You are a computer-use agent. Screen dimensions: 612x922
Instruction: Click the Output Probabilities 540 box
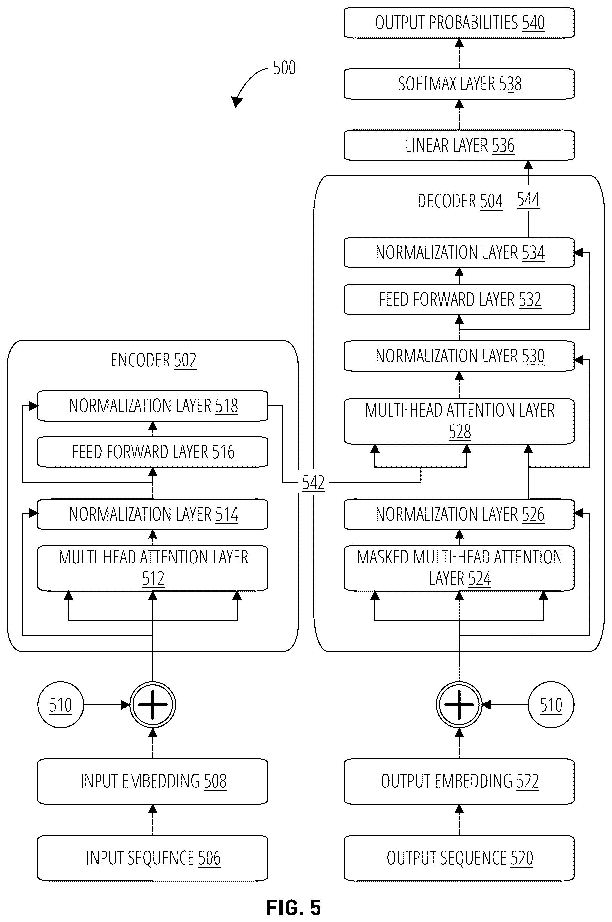click(459, 23)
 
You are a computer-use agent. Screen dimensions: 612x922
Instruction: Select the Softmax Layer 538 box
click(459, 84)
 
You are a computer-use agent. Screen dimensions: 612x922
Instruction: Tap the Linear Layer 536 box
click(459, 145)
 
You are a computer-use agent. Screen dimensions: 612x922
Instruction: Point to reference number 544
click(528, 199)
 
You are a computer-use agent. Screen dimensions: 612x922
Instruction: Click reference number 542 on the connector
click(313, 483)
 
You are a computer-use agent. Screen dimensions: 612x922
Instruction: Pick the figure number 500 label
click(284, 68)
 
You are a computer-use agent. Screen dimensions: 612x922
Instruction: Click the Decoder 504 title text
click(460, 201)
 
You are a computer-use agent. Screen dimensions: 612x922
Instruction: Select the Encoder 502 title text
click(153, 360)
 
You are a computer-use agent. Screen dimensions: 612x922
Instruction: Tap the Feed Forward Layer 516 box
click(153, 452)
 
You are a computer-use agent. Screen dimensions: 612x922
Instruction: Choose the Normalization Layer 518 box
click(153, 406)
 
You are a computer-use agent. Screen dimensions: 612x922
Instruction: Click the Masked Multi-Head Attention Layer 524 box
click(459, 568)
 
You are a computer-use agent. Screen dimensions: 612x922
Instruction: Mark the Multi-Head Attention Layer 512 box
click(153, 568)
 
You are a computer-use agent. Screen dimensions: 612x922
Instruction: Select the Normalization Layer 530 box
click(459, 356)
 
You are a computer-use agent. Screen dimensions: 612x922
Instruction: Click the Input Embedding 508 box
click(153, 781)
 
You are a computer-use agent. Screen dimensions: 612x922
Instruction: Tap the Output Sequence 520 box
click(459, 858)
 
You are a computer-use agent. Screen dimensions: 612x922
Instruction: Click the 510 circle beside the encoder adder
click(60, 705)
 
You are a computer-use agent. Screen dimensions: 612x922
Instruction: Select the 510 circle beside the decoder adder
click(551, 705)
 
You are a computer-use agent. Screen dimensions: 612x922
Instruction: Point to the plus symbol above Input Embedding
click(153, 705)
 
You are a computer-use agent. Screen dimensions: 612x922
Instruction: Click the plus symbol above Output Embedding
click(459, 705)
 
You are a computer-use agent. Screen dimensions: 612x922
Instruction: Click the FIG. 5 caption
click(293, 908)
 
